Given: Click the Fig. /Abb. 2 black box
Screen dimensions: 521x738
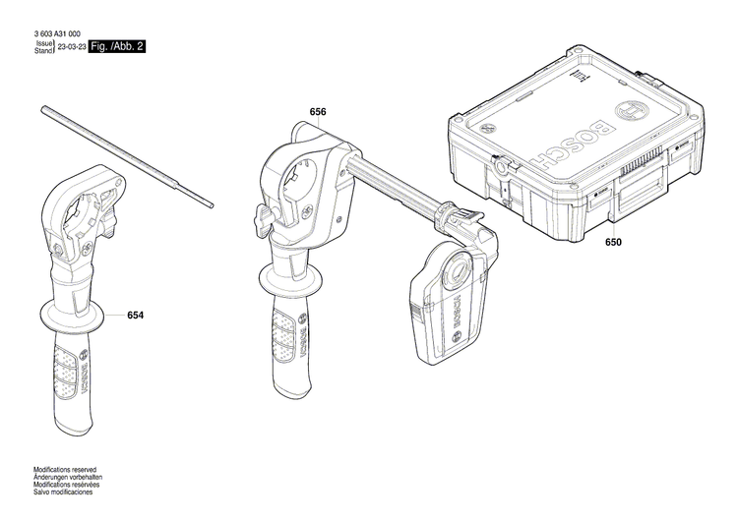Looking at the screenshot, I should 118,46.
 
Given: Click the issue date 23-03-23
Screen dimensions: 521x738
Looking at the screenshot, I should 70,47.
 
